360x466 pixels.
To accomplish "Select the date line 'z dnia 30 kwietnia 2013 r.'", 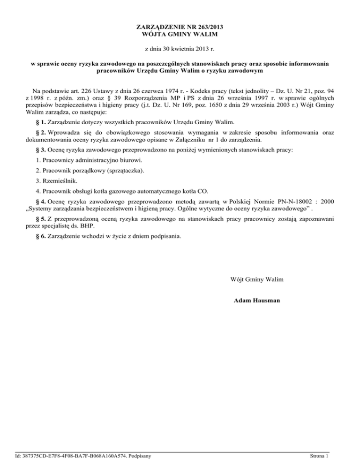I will pyautogui.click(x=180, y=48).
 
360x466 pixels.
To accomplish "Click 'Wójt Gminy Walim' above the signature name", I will pyautogui.click(x=256, y=280).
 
